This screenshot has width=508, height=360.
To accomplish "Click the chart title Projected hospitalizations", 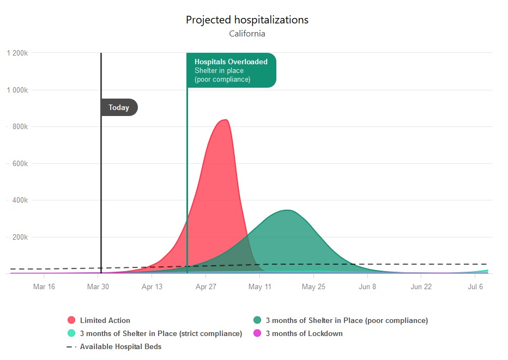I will pos(247,20).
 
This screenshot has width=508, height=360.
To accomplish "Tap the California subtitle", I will pos(247,34).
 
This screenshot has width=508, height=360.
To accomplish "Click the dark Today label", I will pos(119,107).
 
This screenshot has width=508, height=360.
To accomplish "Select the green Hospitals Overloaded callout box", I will pos(231,70).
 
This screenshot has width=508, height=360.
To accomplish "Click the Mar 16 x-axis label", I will pos(44,287).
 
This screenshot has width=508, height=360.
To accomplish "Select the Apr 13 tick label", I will pos(152,287).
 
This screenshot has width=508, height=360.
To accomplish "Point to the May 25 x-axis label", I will pos(313,287).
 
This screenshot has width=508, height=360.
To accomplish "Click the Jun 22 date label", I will pos(421,287).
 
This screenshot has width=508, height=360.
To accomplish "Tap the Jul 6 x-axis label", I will pos(475,287).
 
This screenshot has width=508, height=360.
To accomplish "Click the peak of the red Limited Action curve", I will pos(225,120).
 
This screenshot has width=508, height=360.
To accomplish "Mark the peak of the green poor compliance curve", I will pos(288,210).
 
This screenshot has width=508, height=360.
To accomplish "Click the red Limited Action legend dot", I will pos(71,320).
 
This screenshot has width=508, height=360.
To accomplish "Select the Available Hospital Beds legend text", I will pos(120,346).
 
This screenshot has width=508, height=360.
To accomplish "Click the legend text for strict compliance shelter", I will pos(161,333).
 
